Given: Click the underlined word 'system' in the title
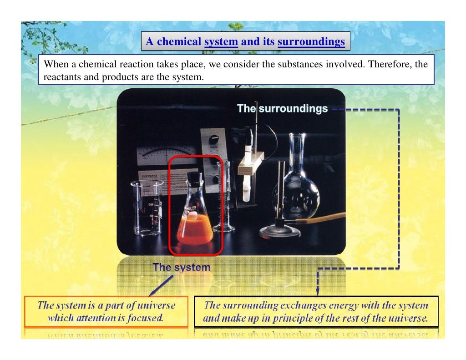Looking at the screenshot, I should click(221, 42).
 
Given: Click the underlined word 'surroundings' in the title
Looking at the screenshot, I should click(311, 42).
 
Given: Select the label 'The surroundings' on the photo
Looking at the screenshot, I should click(282, 109).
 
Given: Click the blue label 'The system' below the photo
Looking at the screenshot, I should click(182, 267).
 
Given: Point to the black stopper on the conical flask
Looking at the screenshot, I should click(195, 178).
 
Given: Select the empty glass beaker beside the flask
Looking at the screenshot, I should click(147, 208).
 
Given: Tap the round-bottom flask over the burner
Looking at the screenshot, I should click(295, 182).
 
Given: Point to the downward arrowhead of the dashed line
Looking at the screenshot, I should click(317, 289).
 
